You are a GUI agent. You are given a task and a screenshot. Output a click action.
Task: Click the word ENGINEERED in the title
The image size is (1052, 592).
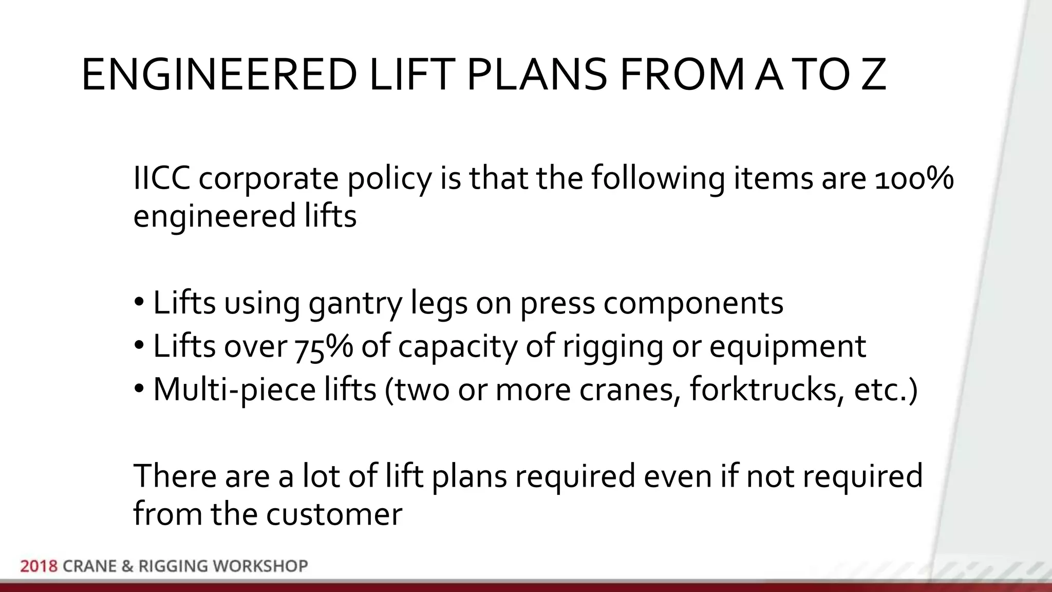tap(219, 75)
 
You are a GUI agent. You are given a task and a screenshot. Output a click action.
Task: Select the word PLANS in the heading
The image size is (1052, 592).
tap(537, 75)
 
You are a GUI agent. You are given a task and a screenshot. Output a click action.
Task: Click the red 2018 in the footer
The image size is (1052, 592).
tap(39, 566)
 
